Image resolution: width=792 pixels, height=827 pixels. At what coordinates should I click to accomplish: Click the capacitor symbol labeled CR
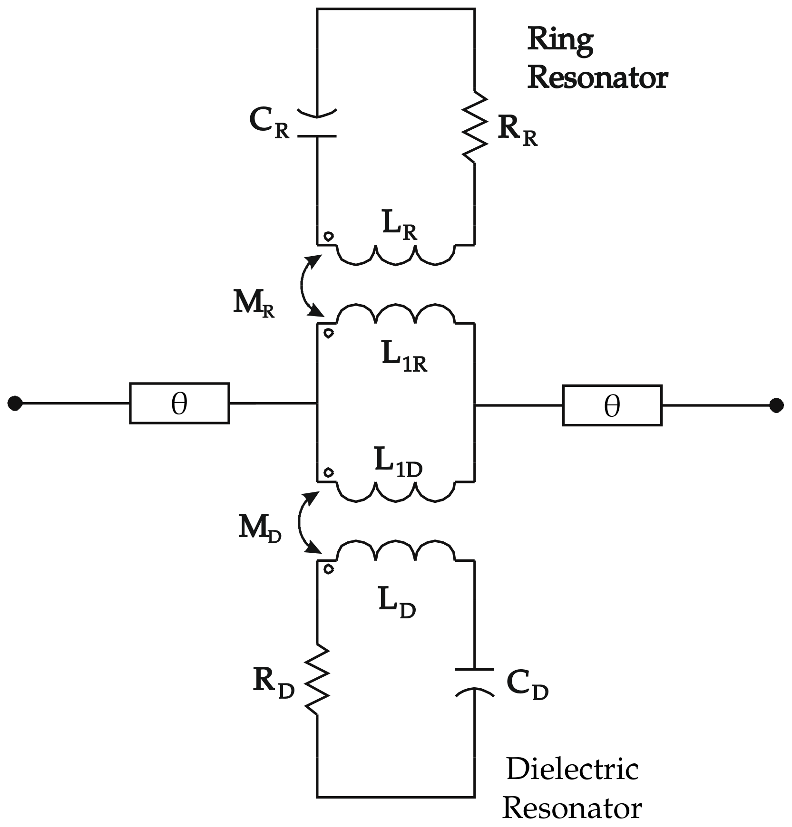tap(317, 125)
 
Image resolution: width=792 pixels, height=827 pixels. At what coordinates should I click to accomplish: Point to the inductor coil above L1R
tap(396, 314)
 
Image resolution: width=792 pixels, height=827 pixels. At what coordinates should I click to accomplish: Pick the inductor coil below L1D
tap(396, 492)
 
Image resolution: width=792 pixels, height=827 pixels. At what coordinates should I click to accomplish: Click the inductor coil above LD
tap(396, 550)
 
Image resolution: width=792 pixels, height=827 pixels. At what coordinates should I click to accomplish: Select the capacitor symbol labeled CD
tap(475, 682)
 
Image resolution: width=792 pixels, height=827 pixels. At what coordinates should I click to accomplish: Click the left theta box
tap(179, 403)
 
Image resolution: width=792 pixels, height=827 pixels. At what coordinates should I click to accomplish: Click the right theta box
tap(612, 405)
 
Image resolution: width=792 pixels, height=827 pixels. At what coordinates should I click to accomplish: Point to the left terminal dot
tap(15, 403)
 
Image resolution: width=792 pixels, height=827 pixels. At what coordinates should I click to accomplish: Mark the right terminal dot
tap(776, 405)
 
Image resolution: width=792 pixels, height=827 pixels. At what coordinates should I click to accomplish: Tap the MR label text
tap(254, 303)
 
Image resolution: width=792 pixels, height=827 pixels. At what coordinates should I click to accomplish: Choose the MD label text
tap(259, 528)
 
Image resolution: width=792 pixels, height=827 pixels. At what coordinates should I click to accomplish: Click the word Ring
tap(560, 40)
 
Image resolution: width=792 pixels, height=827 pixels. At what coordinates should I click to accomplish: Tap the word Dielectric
tap(572, 769)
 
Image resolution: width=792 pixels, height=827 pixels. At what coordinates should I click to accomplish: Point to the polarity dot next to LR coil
tap(329, 236)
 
